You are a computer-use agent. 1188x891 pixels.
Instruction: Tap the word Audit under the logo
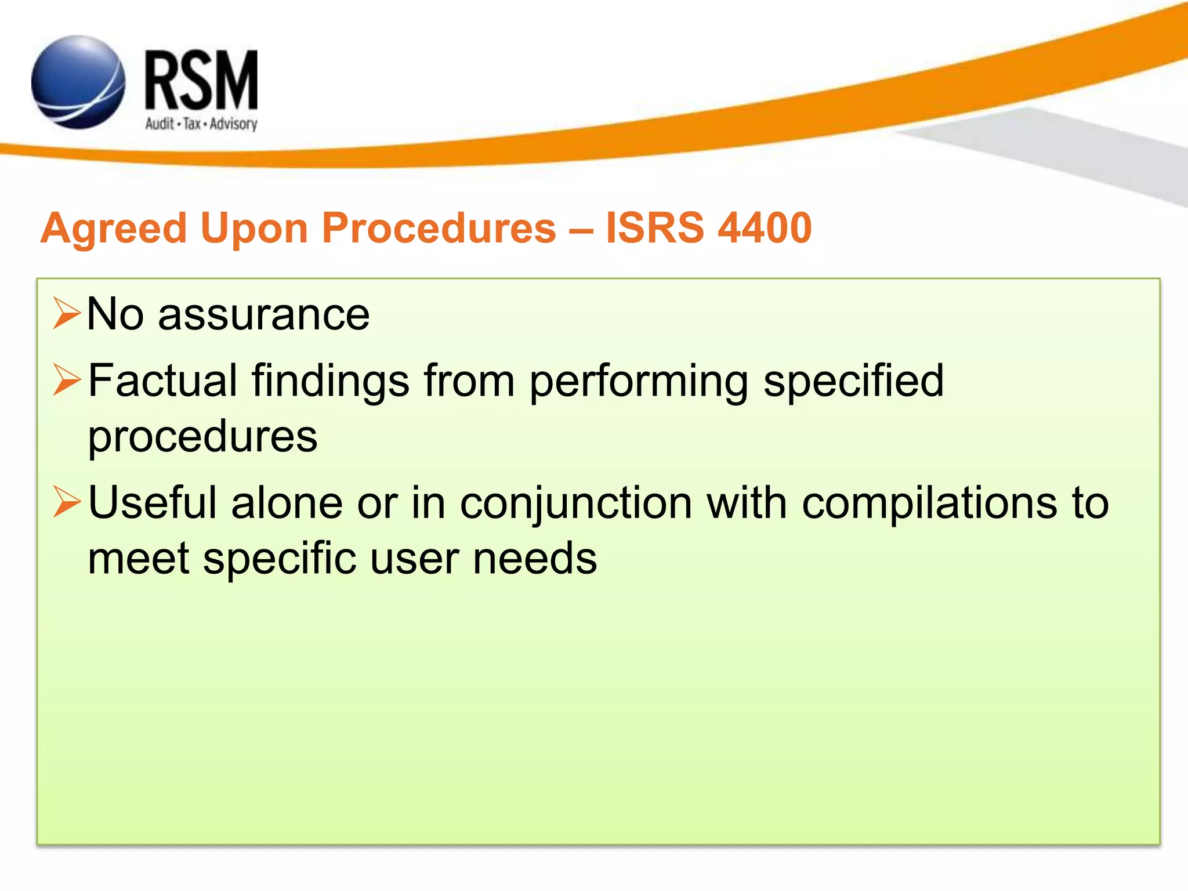160,124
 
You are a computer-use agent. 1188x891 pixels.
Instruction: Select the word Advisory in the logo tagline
233,124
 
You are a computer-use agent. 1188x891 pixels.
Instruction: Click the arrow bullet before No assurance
66,313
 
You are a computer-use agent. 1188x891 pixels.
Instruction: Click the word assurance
263,315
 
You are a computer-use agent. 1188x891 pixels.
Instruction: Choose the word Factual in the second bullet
163,381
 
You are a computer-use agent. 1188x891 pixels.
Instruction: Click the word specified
853,382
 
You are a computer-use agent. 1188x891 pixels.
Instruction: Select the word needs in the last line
535,559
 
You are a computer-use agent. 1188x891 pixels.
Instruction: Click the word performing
639,382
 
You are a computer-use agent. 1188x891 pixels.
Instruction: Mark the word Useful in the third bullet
153,502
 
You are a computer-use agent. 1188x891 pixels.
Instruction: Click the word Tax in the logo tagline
192,124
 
